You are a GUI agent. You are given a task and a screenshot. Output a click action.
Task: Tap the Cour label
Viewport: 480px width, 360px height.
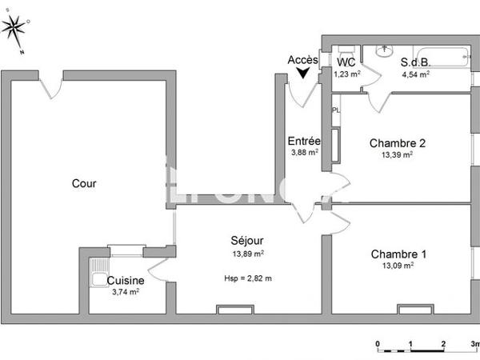point(84,183)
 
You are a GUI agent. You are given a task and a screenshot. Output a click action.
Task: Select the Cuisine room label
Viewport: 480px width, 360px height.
point(126,281)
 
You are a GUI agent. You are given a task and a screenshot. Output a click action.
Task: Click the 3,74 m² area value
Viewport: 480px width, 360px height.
point(126,293)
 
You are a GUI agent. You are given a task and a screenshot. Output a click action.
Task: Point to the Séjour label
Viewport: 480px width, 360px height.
point(247,240)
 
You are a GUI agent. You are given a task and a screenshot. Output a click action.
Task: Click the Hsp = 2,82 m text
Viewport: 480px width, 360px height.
point(248,278)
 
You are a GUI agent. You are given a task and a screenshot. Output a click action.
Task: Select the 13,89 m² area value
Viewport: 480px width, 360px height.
point(248,254)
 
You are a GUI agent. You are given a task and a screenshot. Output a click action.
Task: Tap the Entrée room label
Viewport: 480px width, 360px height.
point(304,142)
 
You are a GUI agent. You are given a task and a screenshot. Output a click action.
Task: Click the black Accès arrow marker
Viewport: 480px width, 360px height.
point(303,73)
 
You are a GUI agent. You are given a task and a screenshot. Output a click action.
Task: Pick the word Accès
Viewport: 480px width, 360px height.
point(303,60)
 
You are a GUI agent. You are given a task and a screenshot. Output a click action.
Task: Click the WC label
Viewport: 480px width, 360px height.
point(346,62)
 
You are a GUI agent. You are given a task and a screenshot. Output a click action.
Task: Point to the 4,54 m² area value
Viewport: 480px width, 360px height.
point(415,74)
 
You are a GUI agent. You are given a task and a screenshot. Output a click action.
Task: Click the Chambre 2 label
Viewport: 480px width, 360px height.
point(397,143)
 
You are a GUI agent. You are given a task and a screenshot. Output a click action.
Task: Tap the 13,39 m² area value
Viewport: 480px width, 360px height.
point(397,155)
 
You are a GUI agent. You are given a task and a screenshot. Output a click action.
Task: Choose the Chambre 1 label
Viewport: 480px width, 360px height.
point(398,254)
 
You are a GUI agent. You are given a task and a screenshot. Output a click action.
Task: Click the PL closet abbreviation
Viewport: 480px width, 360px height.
point(336,110)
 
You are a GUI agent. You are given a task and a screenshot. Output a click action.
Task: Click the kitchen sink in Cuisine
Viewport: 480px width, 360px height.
point(98,279)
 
